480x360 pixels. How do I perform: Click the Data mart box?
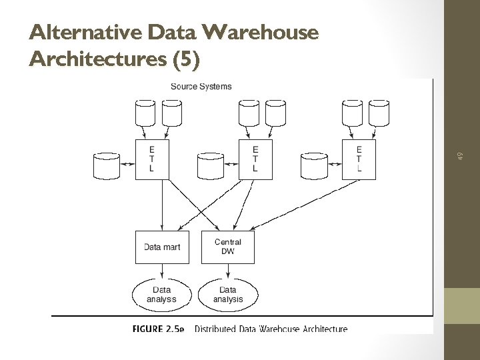(162, 247)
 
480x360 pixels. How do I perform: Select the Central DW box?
(228, 247)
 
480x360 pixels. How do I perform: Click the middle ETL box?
(255, 159)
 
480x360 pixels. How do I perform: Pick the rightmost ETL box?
(359, 159)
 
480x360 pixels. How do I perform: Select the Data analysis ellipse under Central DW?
(228, 294)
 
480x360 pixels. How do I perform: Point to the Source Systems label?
(201, 86)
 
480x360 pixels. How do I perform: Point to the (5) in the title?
(186, 59)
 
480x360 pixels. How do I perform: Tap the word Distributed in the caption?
(217, 329)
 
